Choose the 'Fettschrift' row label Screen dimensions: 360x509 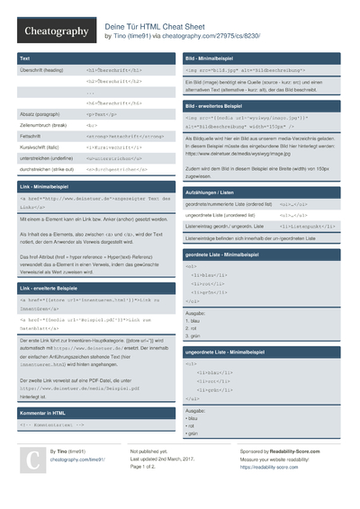[x=31, y=136]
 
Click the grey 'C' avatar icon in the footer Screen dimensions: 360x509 [x=31, y=460]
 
